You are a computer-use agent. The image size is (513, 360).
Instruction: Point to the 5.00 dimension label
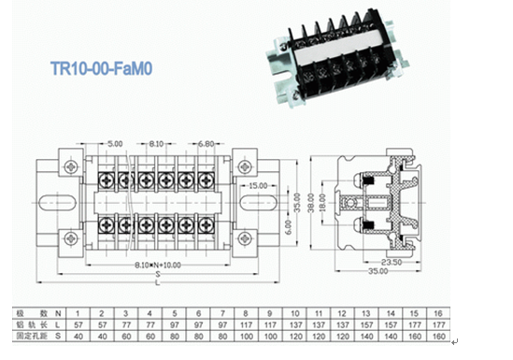pos(114,143)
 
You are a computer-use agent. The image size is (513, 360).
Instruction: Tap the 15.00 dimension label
pos(257,185)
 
